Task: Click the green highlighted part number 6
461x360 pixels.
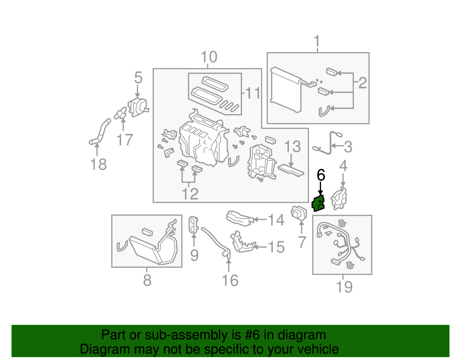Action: [318, 203]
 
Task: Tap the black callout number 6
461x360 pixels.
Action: [321, 175]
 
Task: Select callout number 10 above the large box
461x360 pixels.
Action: [209, 57]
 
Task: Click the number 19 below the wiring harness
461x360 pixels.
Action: [344, 287]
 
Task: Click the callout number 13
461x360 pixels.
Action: [292, 147]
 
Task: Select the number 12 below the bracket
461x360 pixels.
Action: [190, 194]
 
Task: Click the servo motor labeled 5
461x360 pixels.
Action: [137, 107]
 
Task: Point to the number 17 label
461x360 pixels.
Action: [124, 140]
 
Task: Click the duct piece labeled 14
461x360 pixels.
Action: [239, 218]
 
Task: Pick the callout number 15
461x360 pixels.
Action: [276, 247]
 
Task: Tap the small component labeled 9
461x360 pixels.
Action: [193, 225]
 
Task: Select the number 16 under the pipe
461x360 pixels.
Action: [230, 280]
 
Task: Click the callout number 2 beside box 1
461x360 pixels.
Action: [362, 83]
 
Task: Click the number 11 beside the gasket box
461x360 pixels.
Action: [253, 93]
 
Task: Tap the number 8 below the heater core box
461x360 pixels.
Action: [147, 280]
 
